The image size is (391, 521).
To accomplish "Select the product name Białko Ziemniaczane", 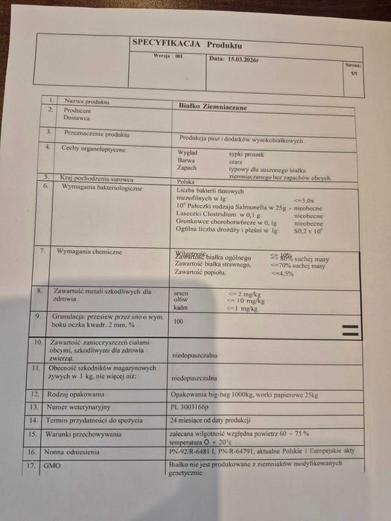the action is click(x=213, y=107).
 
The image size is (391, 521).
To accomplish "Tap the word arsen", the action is click(x=180, y=294).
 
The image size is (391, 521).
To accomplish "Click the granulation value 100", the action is click(x=178, y=322).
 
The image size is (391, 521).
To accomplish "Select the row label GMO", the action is click(x=51, y=466).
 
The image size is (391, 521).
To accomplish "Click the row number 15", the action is click(x=32, y=434).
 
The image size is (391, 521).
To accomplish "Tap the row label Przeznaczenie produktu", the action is click(x=97, y=135).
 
